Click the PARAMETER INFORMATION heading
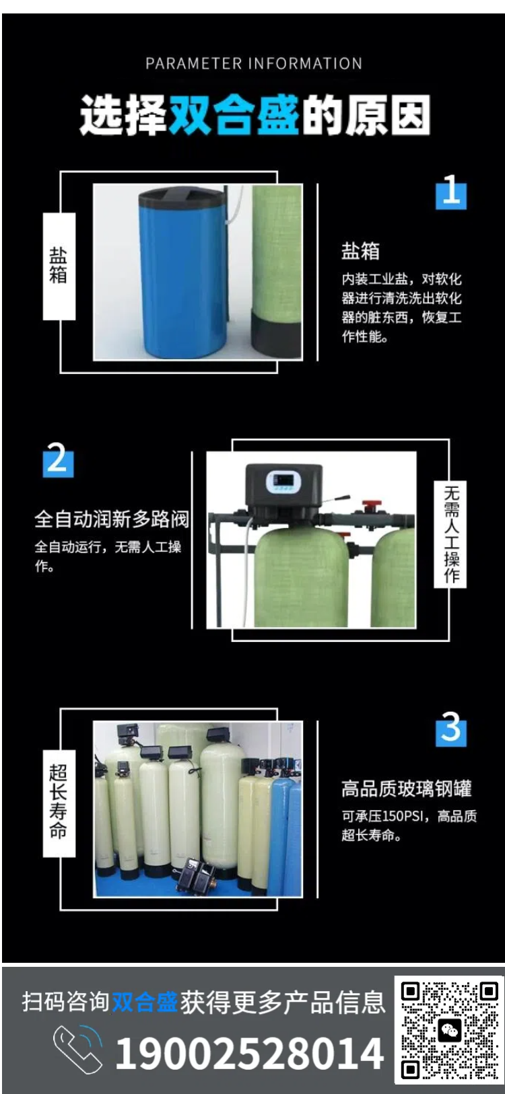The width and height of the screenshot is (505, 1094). [x=254, y=63]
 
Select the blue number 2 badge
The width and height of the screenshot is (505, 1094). [x=58, y=460]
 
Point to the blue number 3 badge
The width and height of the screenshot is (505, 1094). [x=450, y=729]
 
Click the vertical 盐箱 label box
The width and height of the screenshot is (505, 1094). [x=59, y=266]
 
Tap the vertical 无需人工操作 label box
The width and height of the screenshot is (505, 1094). [x=450, y=534]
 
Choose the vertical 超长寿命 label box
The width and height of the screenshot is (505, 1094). [x=59, y=803]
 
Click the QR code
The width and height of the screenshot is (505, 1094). [x=449, y=1030]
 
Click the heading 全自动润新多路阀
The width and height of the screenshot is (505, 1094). [x=112, y=519]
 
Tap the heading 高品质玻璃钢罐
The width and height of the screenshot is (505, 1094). [x=406, y=789]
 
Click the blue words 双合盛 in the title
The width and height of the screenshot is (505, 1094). [x=234, y=115]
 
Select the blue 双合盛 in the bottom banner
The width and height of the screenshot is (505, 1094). [x=145, y=1002]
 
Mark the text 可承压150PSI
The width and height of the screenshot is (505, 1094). [x=381, y=816]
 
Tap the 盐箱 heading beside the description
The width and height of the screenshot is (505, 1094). [x=360, y=251]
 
